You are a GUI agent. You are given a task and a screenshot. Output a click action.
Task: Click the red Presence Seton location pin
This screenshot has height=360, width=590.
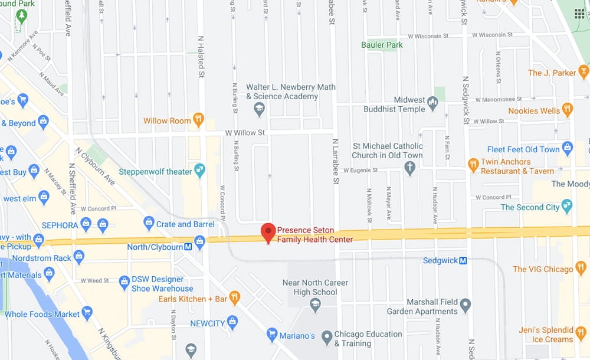268,233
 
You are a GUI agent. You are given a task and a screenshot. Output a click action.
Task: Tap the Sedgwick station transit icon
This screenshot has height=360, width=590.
463,260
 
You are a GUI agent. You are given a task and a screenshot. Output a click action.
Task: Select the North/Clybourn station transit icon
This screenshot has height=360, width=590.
188,247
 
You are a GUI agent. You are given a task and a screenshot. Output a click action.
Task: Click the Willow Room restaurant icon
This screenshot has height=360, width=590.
199,120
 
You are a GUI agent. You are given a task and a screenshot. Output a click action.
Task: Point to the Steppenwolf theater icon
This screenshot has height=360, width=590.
199,171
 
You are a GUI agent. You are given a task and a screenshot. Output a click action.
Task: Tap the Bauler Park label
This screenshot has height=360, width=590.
382,45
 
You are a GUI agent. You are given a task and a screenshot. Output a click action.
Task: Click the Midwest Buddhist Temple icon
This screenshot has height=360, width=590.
433,104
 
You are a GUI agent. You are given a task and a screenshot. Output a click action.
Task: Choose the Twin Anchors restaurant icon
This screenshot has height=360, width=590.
473,166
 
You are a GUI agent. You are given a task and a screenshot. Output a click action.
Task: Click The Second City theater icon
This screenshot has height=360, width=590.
567,207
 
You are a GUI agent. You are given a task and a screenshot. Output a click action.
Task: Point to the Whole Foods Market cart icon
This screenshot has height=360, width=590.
87,313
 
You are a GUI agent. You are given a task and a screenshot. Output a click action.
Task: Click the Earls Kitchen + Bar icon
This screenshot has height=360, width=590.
234,299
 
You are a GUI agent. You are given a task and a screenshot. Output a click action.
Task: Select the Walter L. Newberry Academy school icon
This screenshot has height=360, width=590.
258,109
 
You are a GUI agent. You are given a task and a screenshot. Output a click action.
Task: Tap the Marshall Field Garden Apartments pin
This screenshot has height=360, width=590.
466,306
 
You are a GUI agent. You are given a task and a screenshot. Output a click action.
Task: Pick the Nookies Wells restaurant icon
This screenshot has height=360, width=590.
567,110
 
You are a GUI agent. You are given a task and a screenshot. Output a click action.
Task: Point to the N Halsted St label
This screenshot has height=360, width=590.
201,55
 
